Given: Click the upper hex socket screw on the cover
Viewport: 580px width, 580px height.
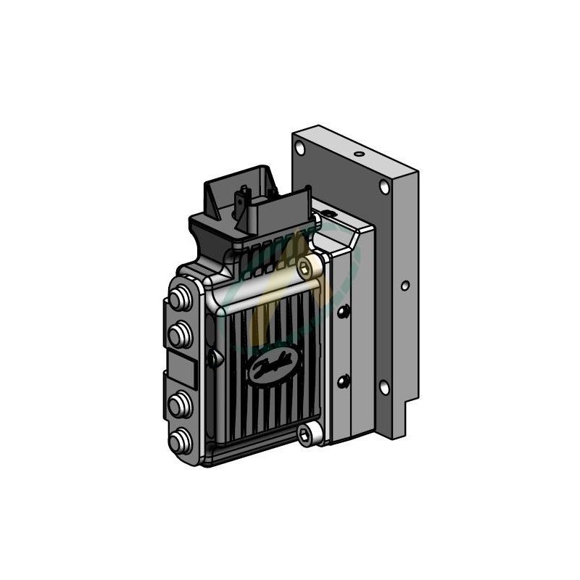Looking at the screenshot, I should point(305,270).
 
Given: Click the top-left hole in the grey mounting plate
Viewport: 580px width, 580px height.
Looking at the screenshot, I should point(300,149).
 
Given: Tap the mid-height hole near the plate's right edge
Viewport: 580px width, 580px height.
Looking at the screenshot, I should point(405,286).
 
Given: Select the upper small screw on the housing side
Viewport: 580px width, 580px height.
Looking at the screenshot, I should point(344,312).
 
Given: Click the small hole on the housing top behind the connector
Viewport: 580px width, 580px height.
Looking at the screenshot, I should point(328,213).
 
